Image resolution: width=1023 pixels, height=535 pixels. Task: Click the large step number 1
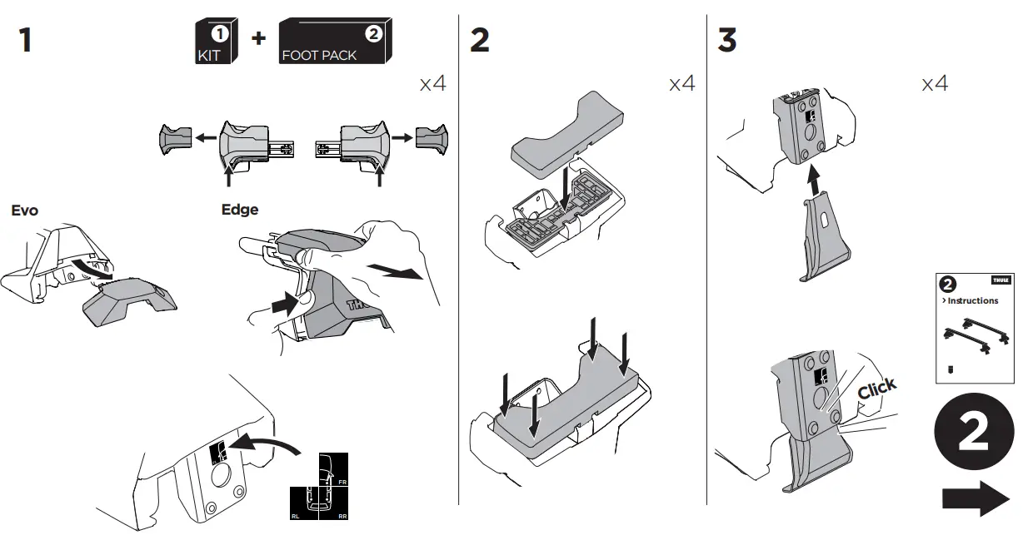point(26,39)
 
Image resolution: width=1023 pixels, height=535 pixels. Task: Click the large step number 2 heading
point(480,39)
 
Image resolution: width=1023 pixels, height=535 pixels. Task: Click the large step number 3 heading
point(727,39)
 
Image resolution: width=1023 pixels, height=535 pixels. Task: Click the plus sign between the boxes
point(258,37)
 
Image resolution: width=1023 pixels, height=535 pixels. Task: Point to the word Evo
point(25,211)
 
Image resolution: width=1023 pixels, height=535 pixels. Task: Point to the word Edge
point(240,210)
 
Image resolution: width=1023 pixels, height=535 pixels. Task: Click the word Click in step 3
point(877,388)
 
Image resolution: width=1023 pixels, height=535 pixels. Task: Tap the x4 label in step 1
point(432,84)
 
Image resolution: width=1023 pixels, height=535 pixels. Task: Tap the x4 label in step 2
point(681,84)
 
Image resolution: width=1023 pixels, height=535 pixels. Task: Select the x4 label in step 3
point(934,84)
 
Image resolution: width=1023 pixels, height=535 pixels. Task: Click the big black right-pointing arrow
point(976,500)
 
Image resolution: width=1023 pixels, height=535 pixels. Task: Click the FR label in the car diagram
point(342,481)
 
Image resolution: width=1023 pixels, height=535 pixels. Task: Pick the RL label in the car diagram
point(296,515)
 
